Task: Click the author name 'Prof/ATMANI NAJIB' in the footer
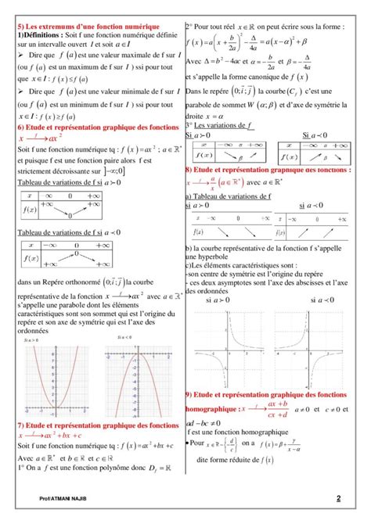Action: click(66, 498)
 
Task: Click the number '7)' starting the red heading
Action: click(21, 425)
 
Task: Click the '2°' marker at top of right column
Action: click(189, 27)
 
